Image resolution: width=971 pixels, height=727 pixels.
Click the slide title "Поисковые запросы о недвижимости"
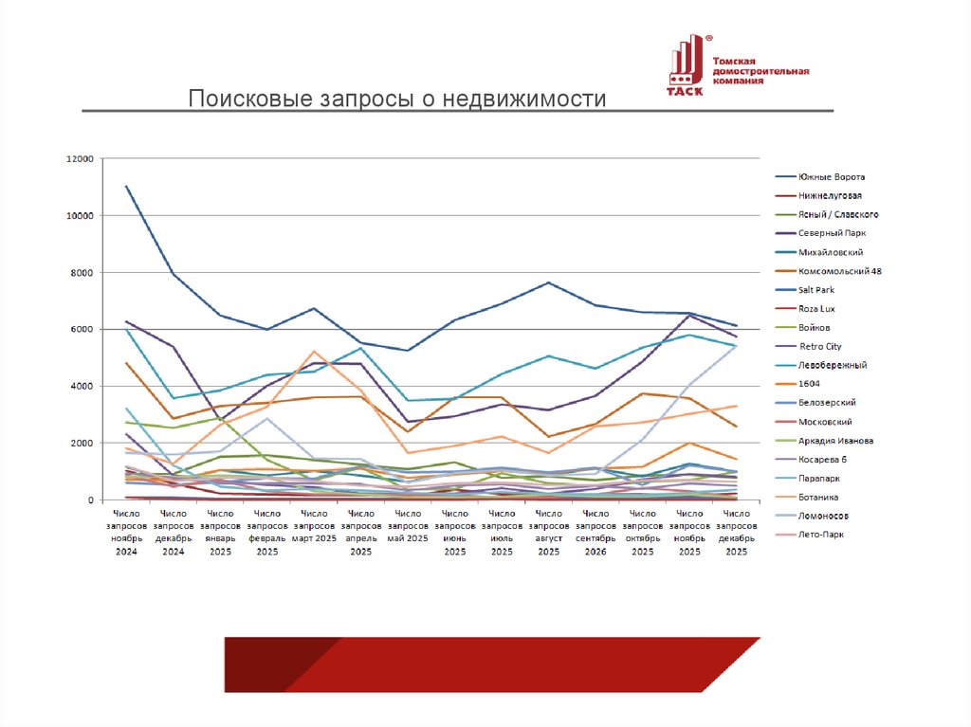tap(395, 100)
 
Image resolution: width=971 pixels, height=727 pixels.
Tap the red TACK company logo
tap(685, 66)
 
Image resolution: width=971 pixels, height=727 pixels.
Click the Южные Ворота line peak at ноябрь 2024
tap(126, 187)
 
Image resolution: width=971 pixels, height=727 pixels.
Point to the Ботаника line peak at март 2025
tap(313, 352)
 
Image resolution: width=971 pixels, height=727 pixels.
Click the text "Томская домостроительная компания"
tap(760, 70)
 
